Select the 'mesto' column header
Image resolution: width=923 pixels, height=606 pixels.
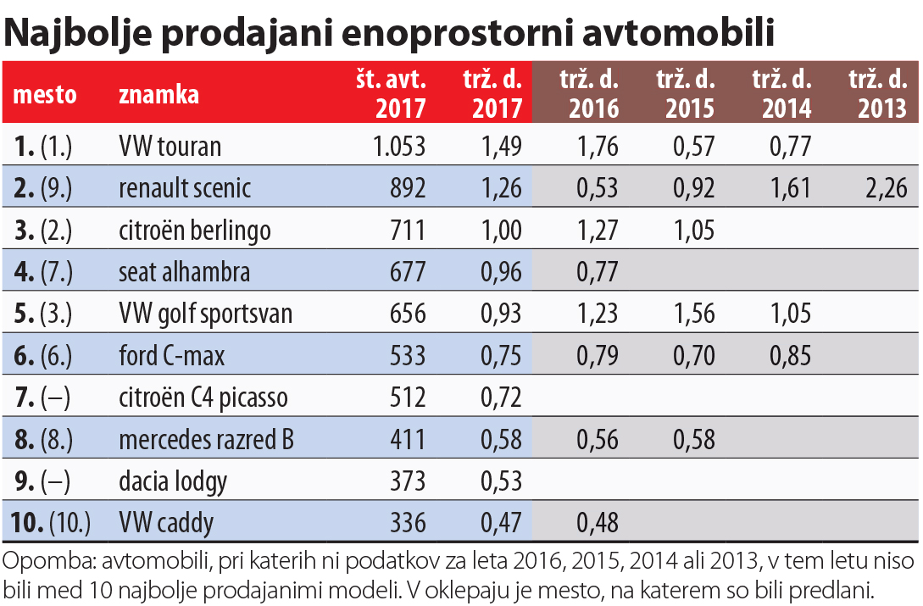(x=45, y=93)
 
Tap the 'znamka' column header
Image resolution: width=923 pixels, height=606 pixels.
(x=159, y=93)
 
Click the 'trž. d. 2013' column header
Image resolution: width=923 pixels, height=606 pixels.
(x=877, y=93)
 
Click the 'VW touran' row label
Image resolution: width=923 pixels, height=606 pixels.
(x=170, y=146)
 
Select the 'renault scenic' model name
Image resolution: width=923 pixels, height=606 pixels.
(x=185, y=187)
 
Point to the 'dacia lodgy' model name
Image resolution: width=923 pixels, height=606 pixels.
(x=173, y=481)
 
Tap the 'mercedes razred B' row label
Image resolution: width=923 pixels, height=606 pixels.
(x=207, y=440)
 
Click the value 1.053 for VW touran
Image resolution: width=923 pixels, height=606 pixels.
(x=399, y=146)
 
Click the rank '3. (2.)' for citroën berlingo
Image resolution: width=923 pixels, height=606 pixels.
(x=43, y=230)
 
